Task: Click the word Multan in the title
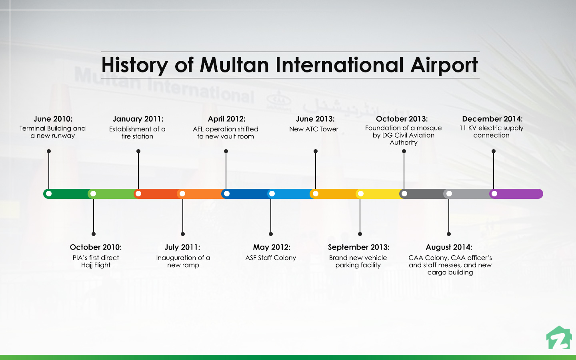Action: tap(234, 65)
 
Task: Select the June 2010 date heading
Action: tap(53, 119)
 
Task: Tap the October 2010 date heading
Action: tap(96, 247)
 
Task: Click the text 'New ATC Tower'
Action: tap(314, 129)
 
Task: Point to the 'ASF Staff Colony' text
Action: tap(271, 258)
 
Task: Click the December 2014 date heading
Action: tap(492, 119)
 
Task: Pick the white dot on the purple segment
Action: tap(494, 194)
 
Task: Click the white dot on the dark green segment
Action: tap(49, 194)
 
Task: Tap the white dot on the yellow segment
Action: tap(360, 194)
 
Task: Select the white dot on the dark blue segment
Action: tap(227, 194)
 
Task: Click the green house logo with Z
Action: tap(559, 338)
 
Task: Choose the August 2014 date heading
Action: tap(449, 247)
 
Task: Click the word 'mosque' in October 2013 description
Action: tap(429, 128)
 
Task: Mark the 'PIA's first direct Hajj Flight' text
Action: tap(96, 262)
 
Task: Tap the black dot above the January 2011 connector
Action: tap(138, 151)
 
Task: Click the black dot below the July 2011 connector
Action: tap(183, 234)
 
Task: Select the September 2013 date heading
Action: tap(358, 247)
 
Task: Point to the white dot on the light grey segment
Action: tap(449, 194)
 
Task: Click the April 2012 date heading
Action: tap(226, 119)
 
